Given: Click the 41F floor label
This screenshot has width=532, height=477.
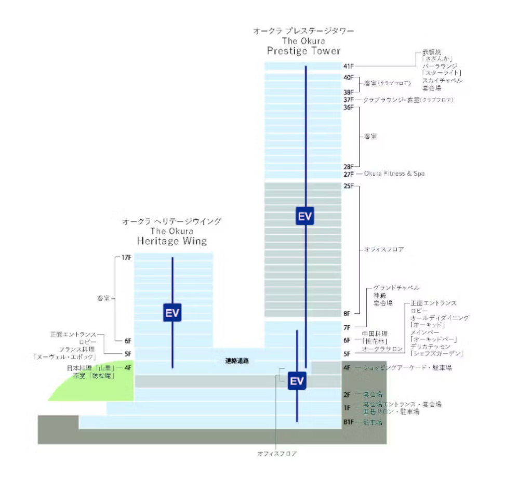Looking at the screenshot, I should click(348, 66).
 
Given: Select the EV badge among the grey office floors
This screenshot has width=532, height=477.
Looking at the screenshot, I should click(305, 216).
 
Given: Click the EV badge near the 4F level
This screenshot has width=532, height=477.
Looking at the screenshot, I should click(296, 381).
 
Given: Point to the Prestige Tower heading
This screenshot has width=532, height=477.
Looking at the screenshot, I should click(303, 50).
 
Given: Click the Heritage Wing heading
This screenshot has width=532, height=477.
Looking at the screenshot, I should click(171, 241).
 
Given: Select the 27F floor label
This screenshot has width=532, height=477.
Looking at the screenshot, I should click(348, 174).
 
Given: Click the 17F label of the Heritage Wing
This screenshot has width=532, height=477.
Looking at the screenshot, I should click(126, 258).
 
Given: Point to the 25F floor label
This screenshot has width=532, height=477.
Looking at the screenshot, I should click(348, 186).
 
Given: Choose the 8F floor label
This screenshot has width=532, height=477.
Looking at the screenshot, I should click(347, 313).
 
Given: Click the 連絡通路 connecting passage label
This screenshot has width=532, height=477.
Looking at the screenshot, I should click(236, 361).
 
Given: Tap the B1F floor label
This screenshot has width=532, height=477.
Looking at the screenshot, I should click(349, 422).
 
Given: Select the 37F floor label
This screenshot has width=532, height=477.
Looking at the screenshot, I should click(348, 99).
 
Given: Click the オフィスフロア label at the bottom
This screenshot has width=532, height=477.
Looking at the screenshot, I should click(277, 454).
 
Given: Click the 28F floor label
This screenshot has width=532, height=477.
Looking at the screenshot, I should click(348, 166).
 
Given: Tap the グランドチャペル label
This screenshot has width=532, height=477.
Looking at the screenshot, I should click(396, 287).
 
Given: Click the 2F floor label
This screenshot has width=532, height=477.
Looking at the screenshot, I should click(347, 394).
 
